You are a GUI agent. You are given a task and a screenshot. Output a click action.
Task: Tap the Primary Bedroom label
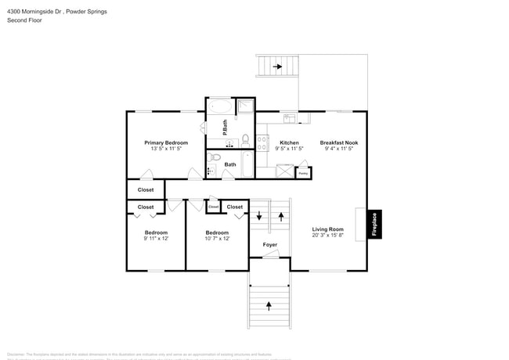click(x=166, y=142)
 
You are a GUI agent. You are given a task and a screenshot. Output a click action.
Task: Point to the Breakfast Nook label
click(x=338, y=142)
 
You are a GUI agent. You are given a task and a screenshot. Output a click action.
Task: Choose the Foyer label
click(x=269, y=245)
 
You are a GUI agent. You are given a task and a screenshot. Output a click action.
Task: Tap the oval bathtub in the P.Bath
click(x=219, y=106)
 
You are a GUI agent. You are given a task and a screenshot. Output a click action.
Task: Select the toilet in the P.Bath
click(x=245, y=141)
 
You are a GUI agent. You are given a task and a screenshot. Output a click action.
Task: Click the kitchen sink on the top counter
click(x=289, y=118)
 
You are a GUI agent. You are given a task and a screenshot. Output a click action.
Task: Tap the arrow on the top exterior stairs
click(x=277, y=67)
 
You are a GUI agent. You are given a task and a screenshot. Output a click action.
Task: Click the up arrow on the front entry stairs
click(x=269, y=304)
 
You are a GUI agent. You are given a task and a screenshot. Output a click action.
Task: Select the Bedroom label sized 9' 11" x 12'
click(x=155, y=232)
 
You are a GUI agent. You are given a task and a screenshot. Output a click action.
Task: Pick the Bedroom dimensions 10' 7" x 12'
click(x=217, y=239)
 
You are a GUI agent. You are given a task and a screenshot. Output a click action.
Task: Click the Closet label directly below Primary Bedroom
click(x=146, y=189)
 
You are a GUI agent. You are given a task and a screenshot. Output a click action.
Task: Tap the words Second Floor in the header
click(x=24, y=20)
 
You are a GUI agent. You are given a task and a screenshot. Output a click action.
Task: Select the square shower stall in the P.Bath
click(x=245, y=106)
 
